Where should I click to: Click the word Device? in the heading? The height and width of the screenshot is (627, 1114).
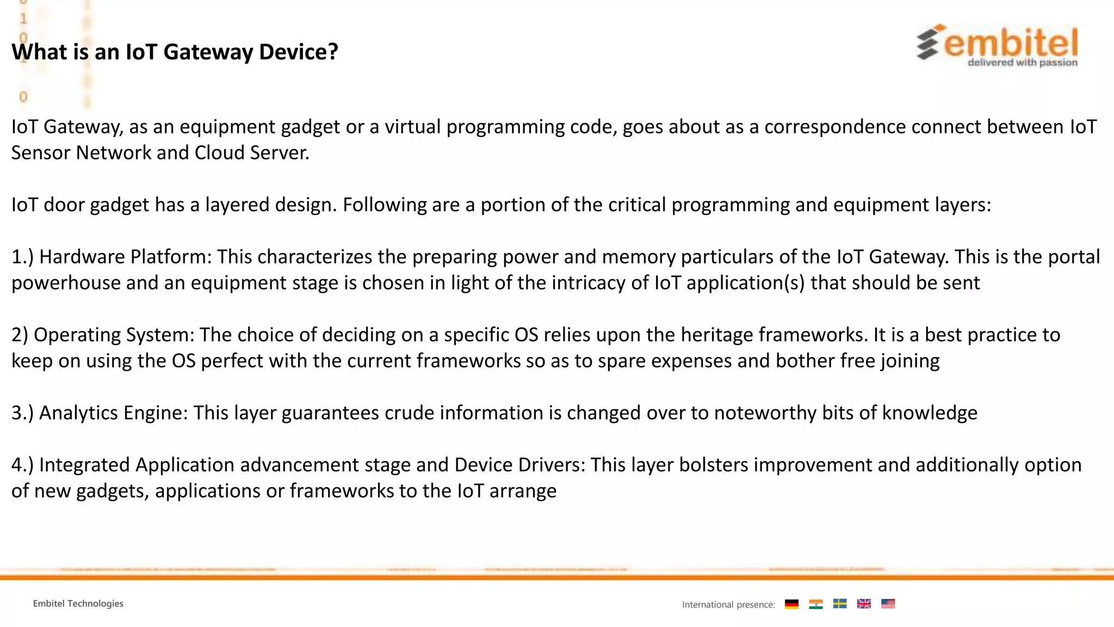(299, 52)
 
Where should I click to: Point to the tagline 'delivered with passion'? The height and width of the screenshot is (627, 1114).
(1022, 63)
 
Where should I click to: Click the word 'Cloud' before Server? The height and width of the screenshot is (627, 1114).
(219, 153)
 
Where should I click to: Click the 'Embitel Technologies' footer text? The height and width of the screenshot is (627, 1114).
(78, 604)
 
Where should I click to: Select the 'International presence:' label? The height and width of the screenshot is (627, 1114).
(728, 605)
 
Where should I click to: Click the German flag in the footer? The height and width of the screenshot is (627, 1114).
(792, 604)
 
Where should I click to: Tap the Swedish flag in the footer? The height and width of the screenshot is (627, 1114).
(840, 604)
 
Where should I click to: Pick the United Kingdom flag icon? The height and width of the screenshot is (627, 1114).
(864, 604)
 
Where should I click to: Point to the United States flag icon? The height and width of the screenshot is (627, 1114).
(888, 604)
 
